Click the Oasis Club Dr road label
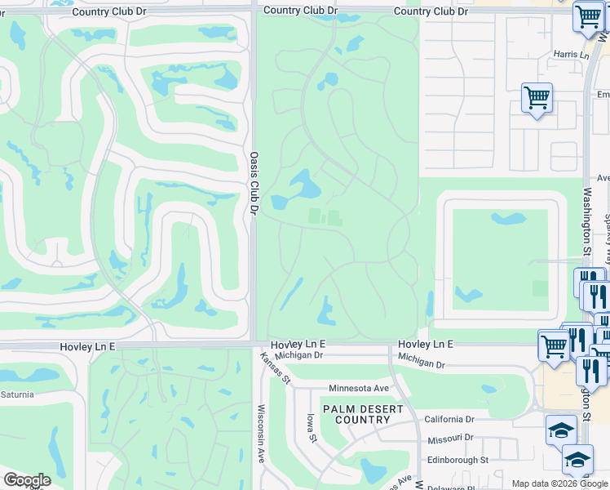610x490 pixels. (x=254, y=183)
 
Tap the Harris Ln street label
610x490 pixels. (x=570, y=55)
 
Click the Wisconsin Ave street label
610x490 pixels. (x=262, y=434)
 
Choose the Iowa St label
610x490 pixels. (x=311, y=427)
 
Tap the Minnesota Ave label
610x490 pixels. (x=359, y=388)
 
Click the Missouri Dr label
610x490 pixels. (x=450, y=440)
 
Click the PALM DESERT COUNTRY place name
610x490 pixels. (x=356, y=414)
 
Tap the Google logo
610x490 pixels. (x=26, y=480)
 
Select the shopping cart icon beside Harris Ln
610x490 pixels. (x=537, y=98)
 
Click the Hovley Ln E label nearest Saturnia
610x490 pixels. (x=87, y=347)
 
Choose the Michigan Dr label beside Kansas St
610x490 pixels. (x=299, y=355)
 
